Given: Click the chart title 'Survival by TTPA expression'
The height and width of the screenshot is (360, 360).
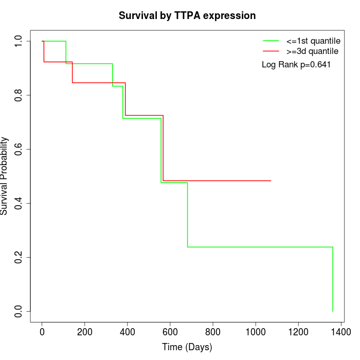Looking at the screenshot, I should click(x=187, y=15).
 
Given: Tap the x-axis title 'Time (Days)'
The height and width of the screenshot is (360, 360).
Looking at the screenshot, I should click(x=187, y=347).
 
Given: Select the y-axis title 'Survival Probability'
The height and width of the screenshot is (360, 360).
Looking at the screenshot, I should click(x=5, y=176).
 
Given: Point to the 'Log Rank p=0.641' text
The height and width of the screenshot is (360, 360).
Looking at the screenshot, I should click(x=296, y=65).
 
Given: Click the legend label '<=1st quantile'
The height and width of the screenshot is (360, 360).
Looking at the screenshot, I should click(x=313, y=41).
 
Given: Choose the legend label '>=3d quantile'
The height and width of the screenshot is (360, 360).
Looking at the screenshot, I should click(x=312, y=51).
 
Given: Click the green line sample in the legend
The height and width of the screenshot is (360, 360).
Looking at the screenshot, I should click(x=271, y=41).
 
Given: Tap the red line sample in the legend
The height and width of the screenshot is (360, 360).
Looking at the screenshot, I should click(x=271, y=51).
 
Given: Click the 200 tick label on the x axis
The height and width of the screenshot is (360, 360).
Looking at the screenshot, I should click(x=84, y=332).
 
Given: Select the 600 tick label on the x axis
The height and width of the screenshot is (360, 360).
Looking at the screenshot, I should click(x=170, y=332).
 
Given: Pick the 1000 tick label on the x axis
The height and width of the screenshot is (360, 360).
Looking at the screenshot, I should click(x=256, y=332).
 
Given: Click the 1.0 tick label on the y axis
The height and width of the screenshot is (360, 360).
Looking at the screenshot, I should click(x=19, y=41).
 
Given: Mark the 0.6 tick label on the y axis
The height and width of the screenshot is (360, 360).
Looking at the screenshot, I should click(x=19, y=149).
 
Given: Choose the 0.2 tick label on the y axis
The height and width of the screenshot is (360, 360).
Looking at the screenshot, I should click(x=19, y=257).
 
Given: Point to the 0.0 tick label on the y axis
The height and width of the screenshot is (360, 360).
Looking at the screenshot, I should click(x=19, y=311).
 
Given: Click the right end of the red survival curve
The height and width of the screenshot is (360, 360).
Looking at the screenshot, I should click(x=271, y=181).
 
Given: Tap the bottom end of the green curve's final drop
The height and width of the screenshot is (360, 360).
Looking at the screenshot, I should click(x=333, y=311).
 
